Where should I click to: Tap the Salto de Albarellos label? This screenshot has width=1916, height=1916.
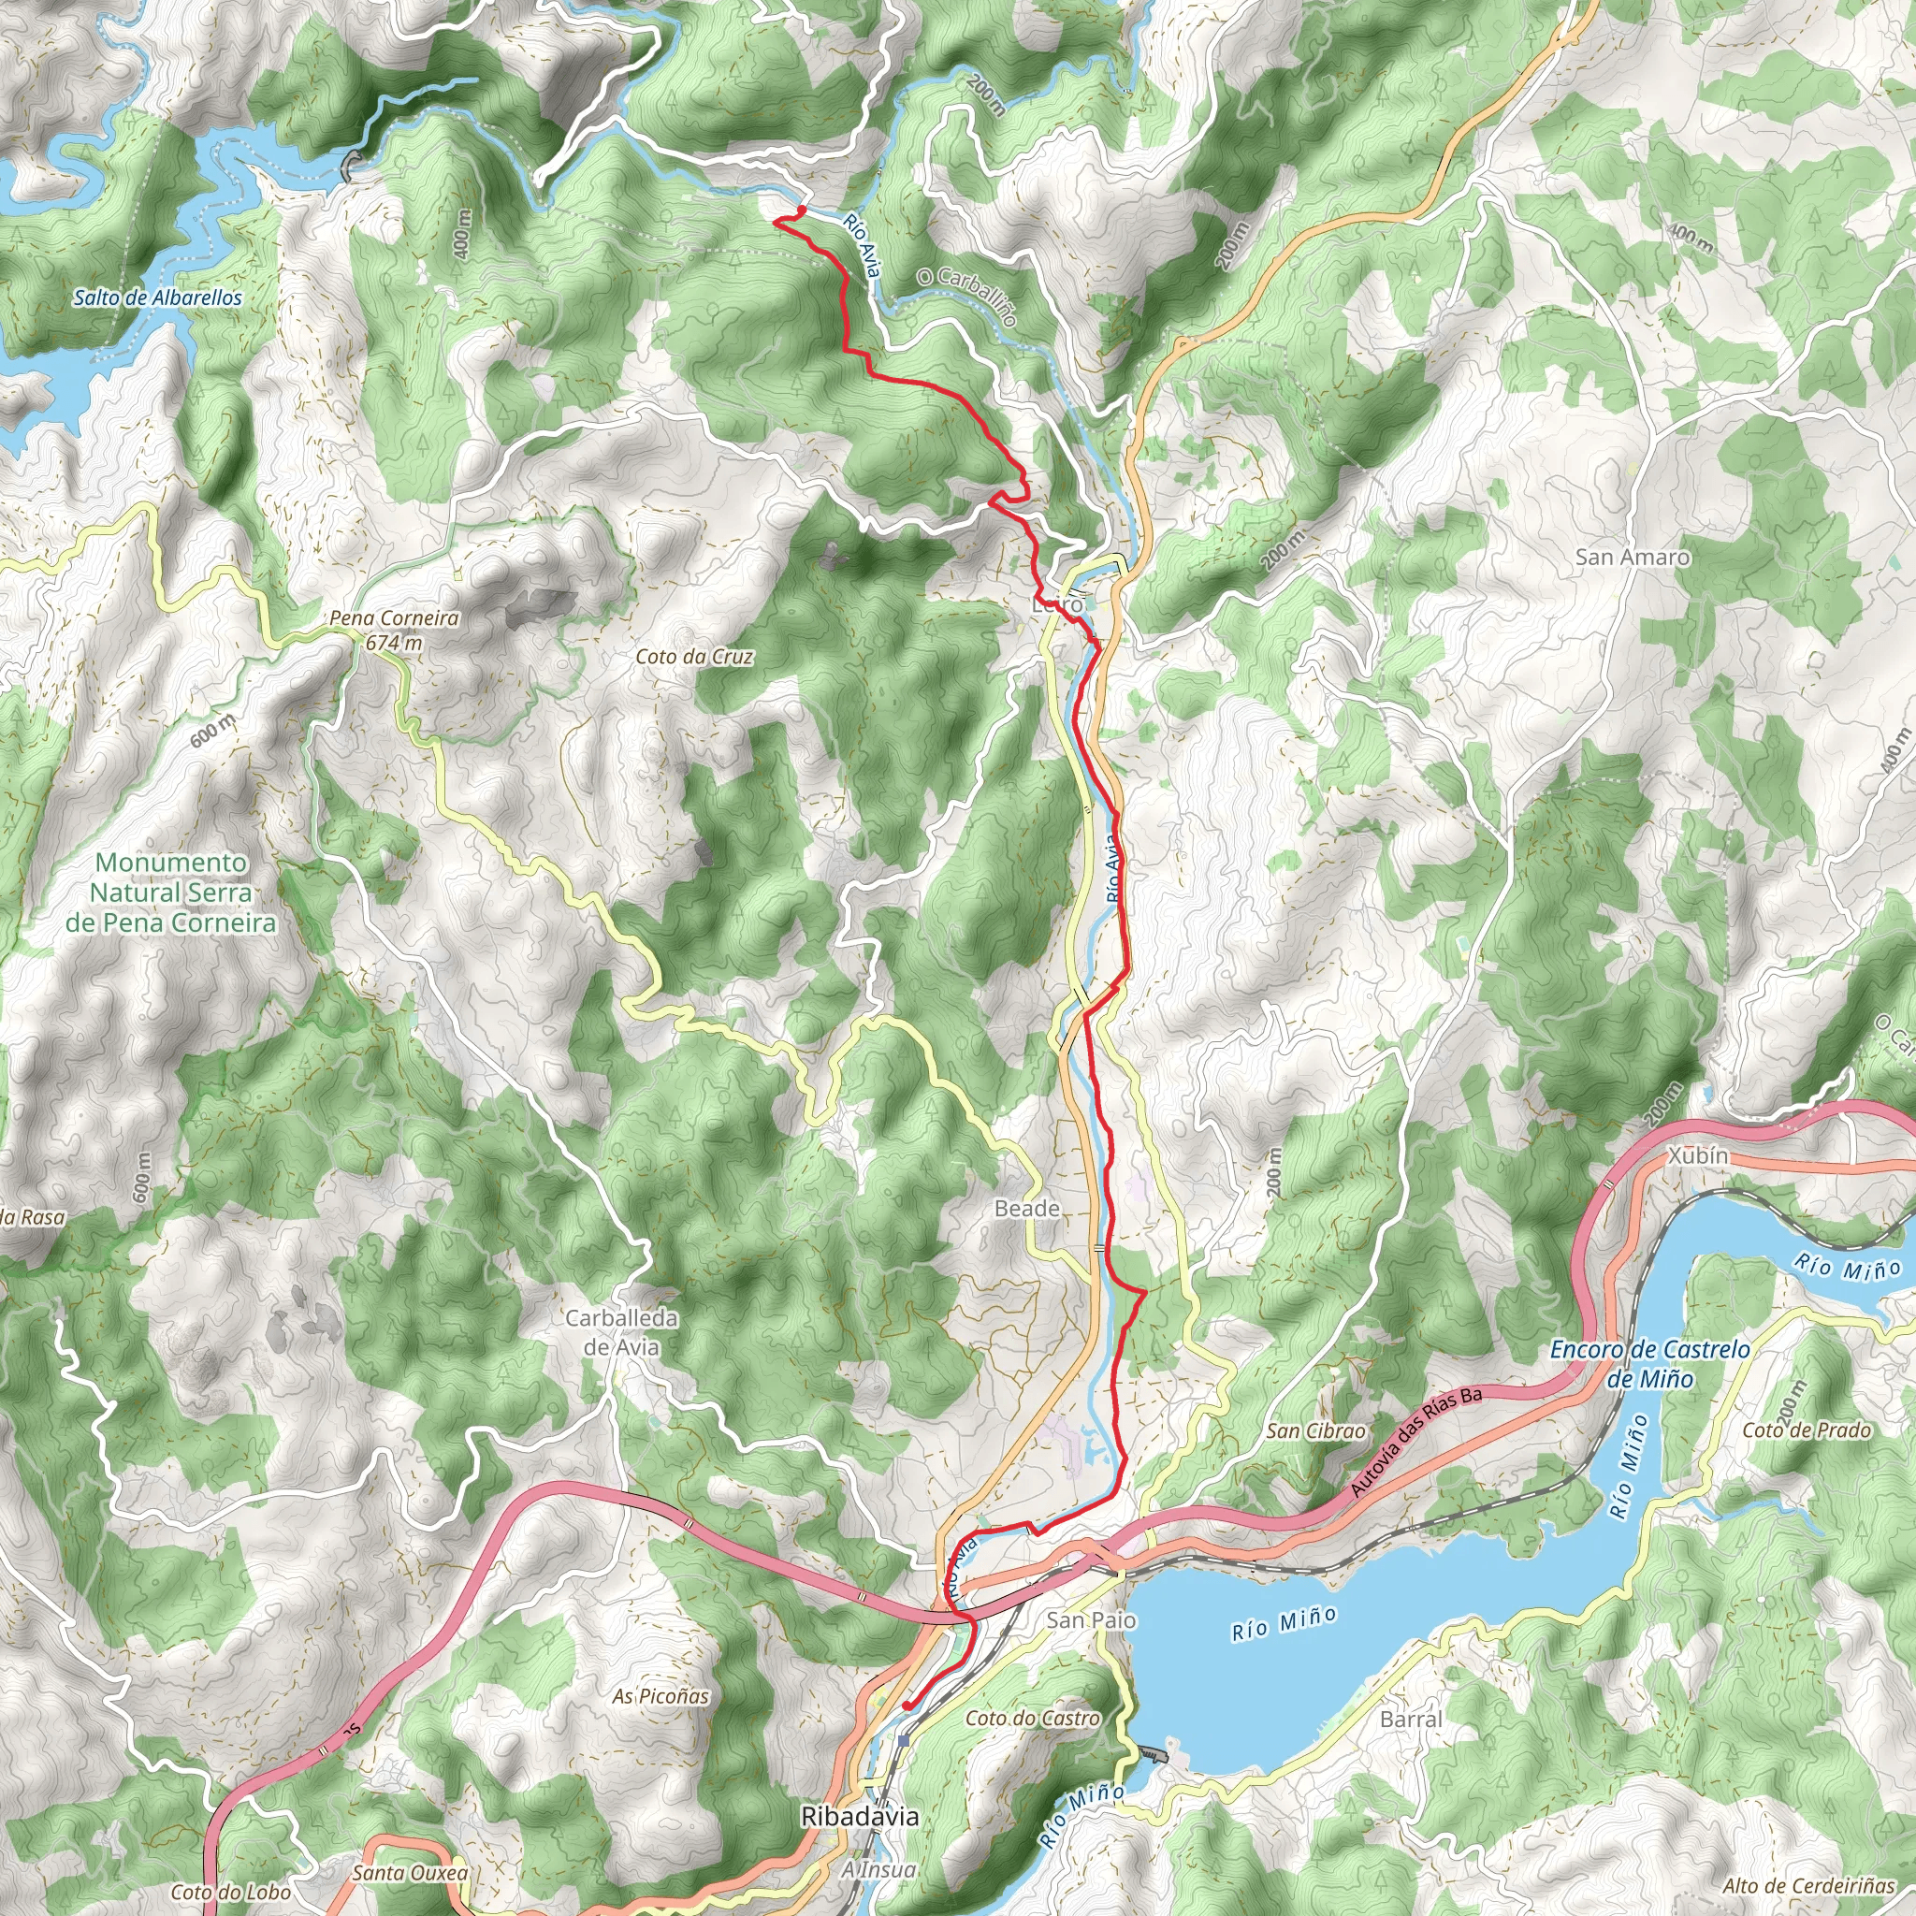click(x=158, y=298)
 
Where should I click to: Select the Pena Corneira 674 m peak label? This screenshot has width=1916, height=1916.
click(x=394, y=630)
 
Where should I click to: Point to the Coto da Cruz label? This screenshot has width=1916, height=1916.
click(x=694, y=657)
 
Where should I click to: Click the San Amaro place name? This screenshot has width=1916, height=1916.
click(x=1633, y=558)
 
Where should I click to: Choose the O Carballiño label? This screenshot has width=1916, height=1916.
click(x=967, y=296)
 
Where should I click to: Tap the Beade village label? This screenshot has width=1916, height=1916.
click(x=1027, y=1208)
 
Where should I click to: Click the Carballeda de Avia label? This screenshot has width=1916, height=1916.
click(x=621, y=1332)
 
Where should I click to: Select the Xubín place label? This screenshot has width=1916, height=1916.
click(x=1698, y=1155)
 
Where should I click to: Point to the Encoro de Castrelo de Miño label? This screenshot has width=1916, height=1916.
click(x=1650, y=1364)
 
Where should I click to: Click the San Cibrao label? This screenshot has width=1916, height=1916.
click(x=1315, y=1431)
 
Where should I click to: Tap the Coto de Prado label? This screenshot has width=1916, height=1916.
click(x=1807, y=1430)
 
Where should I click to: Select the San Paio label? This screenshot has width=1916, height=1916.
click(x=1092, y=1619)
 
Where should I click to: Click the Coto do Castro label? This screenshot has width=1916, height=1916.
click(x=1033, y=1718)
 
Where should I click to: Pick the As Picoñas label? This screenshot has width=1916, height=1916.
click(x=660, y=1696)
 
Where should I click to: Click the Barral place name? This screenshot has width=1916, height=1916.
click(x=1411, y=1719)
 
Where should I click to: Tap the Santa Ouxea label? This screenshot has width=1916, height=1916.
click(x=410, y=1873)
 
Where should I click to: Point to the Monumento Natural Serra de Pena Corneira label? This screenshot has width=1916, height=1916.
click(x=170, y=893)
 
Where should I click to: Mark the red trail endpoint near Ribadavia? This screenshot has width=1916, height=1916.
click(x=907, y=1706)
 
